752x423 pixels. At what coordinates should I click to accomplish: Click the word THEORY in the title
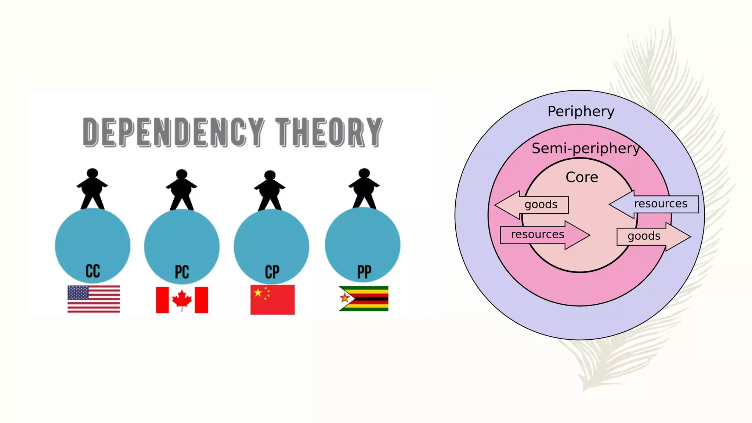(329, 132)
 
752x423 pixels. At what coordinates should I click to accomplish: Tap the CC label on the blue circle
(93, 271)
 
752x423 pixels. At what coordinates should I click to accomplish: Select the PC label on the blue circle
(182, 272)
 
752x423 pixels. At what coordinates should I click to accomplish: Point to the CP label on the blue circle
(272, 272)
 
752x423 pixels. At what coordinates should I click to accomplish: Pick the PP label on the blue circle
(364, 272)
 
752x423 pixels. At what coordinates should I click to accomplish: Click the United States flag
(94, 299)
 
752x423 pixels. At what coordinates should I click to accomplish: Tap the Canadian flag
(182, 300)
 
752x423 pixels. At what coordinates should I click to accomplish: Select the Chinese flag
(272, 300)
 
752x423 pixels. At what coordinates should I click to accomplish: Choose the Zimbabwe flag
(364, 299)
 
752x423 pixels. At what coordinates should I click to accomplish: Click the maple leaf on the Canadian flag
(182, 299)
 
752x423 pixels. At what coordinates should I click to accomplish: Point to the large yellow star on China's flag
(258, 293)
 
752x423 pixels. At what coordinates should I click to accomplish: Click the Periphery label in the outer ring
(581, 111)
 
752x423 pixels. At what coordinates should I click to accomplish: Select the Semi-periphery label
(585, 148)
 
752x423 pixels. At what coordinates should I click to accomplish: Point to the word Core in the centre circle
(582, 177)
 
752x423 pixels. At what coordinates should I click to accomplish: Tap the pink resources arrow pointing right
(543, 235)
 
